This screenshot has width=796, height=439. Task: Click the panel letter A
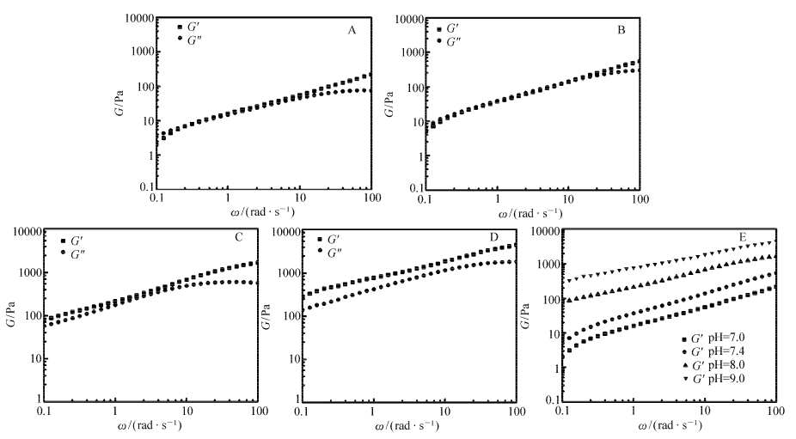[352, 31]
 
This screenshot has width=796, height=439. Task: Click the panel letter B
[621, 31]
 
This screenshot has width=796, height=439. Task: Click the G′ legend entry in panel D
[332, 240]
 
